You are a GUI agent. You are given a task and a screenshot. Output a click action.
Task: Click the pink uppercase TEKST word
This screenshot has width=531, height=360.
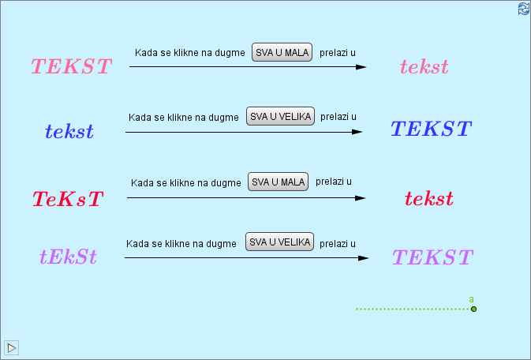pos(72,66)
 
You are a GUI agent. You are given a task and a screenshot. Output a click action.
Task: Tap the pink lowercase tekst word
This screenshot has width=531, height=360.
pos(424,67)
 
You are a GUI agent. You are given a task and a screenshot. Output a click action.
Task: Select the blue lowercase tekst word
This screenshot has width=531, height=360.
pos(69,131)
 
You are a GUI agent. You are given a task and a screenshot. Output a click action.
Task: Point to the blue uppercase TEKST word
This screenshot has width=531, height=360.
pos(431,129)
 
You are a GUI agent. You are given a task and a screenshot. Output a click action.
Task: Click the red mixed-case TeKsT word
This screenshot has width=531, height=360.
pos(68,199)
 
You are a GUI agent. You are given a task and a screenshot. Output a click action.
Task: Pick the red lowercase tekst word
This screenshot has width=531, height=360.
pos(429,198)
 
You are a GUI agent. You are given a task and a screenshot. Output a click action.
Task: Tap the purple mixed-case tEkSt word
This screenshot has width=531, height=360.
pos(68,257)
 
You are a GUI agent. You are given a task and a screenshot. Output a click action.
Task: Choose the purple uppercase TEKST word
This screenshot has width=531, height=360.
pos(432,257)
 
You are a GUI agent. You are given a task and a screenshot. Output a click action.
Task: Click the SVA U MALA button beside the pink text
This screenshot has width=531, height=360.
pos(282,52)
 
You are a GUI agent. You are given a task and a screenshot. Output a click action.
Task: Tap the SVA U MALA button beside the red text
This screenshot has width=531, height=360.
pos(278,182)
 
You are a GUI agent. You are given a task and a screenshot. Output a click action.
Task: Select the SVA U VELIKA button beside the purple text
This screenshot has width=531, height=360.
pos(279,242)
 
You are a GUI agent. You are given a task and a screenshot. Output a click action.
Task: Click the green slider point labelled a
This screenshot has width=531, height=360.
pos(473,309)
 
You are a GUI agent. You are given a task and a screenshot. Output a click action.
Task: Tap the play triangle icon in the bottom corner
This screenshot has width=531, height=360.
pos(12,347)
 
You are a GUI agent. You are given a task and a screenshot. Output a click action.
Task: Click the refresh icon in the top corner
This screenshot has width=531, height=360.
pos(523,9)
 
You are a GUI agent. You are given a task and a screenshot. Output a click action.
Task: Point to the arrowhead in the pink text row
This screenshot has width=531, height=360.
pos(361,67)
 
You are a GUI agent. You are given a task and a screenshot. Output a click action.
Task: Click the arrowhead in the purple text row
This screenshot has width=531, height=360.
pos(363,258)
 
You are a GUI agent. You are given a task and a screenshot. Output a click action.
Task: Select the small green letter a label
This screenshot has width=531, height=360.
pos(471,299)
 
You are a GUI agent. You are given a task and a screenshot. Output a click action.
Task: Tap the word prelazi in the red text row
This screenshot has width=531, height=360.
pos(333,182)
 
